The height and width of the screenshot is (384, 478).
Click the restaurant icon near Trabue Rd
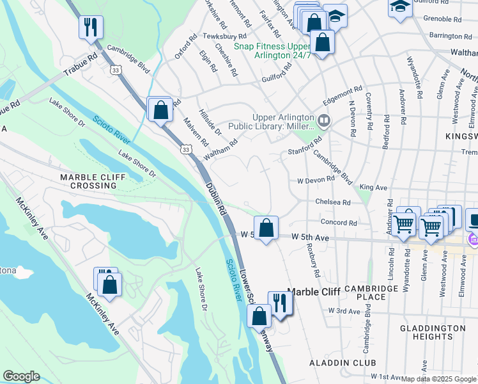pos(90,28)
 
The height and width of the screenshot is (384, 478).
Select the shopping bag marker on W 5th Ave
pos(265,227)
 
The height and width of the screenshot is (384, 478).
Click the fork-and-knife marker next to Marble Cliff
pos(280,302)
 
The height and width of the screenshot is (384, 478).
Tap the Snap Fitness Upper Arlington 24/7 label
pos(272,51)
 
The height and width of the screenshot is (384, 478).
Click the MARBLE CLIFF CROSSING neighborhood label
pos(88,180)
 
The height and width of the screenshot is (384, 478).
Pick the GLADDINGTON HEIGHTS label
pos(433,332)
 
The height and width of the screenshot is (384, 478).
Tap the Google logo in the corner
pos(21,376)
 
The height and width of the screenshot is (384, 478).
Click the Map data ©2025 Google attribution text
pos(438,379)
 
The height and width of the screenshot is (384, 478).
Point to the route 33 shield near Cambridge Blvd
pos(114,68)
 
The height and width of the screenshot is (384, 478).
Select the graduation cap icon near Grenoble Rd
pos(399,8)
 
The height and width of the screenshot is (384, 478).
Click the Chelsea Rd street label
pos(333,202)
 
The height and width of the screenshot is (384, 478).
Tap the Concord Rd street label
pos(339,223)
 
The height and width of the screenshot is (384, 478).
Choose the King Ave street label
pos(373,188)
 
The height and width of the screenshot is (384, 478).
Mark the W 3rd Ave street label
pos(344,310)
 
